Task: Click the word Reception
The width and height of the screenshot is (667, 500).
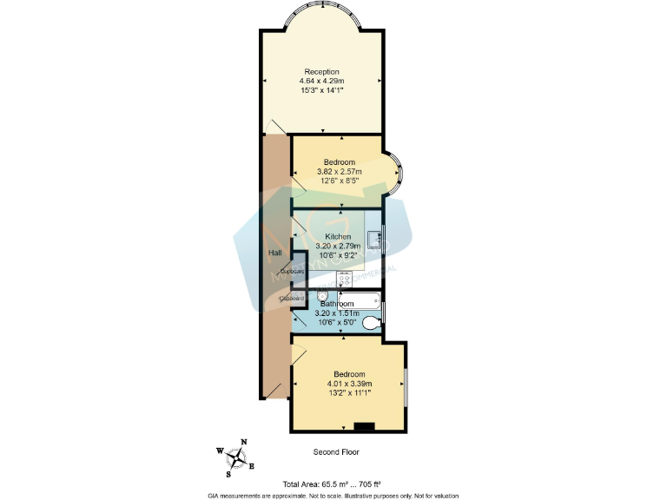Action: click(x=321, y=72)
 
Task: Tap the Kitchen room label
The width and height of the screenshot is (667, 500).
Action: click(x=338, y=236)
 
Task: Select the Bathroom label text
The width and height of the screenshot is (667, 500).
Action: click(x=337, y=304)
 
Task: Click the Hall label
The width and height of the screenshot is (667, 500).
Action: click(x=274, y=253)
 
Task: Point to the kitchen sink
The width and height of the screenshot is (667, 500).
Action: click(x=373, y=238)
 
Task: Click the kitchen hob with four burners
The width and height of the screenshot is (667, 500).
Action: click(x=344, y=280)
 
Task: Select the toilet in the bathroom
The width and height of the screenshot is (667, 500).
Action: click(x=370, y=323)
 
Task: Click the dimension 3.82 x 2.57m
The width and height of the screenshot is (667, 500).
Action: click(x=339, y=172)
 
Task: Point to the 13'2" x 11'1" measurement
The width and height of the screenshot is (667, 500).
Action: click(x=350, y=392)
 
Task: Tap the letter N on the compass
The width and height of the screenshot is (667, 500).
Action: click(x=244, y=442)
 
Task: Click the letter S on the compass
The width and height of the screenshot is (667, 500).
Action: click(x=228, y=474)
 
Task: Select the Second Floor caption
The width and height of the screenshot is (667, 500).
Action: click(x=335, y=452)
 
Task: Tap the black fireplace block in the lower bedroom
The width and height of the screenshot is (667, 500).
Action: click(x=363, y=425)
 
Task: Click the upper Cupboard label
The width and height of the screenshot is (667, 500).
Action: click(x=293, y=272)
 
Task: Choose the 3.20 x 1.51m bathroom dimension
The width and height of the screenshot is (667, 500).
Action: click(x=337, y=312)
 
